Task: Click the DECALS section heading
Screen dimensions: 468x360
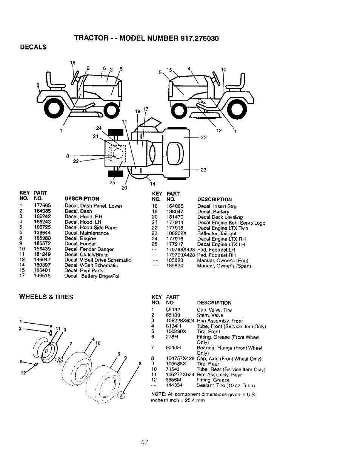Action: (34, 47)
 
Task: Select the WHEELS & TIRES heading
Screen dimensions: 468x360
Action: (46, 297)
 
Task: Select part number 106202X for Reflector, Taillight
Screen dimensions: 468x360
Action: (176, 233)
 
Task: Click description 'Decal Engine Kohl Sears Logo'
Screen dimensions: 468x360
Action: (231, 223)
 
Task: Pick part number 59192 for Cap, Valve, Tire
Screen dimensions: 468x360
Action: (173, 310)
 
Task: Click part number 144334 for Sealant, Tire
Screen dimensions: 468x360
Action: (174, 386)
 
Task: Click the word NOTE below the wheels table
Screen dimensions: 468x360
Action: (157, 394)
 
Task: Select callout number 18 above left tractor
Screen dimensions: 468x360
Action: (73, 63)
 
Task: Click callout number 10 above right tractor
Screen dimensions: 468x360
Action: (223, 70)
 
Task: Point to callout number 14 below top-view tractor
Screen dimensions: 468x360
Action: (152, 184)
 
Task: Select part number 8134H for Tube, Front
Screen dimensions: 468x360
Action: (172, 326)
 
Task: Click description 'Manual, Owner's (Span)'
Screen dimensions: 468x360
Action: (224, 266)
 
